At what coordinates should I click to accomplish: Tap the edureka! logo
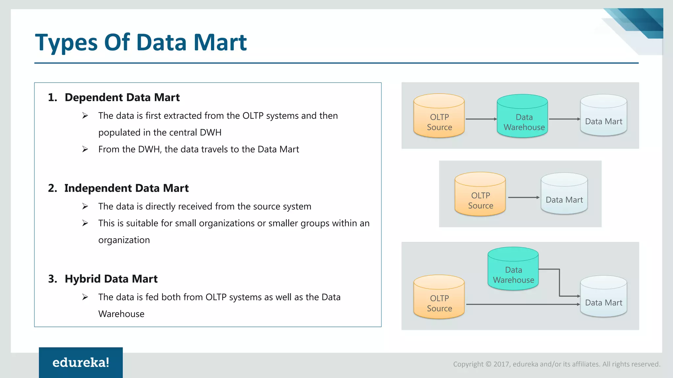click(81, 362)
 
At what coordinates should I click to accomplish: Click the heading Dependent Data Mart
click(122, 97)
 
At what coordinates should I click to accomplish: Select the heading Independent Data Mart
click(126, 188)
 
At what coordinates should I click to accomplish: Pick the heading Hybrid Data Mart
click(111, 279)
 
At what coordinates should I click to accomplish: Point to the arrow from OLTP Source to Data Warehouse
click(481, 119)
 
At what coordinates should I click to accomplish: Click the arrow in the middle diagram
click(523, 198)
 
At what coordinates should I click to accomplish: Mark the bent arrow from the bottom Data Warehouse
click(559, 282)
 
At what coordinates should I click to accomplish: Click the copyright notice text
click(557, 364)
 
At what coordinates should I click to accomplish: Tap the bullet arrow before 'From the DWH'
click(85, 149)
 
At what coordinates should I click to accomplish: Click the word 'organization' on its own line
click(124, 240)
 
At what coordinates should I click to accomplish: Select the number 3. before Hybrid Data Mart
click(53, 279)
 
